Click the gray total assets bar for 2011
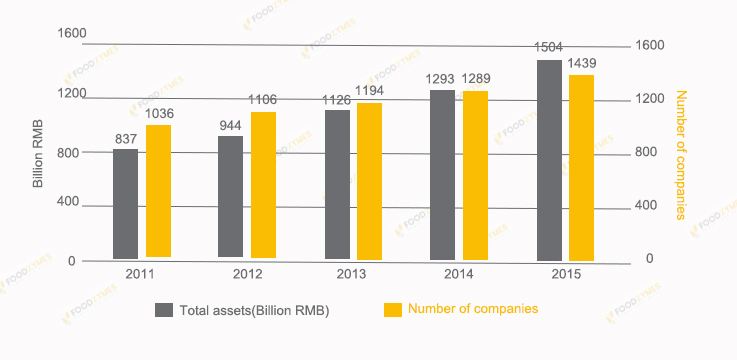coord(125,204)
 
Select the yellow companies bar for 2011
coord(158,191)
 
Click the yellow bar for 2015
coord(581,168)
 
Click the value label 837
coord(126,139)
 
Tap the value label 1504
coord(549,47)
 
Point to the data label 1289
coord(476,78)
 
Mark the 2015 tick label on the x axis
coord(566,274)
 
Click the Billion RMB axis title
coord(38,153)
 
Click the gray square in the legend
coord(163,310)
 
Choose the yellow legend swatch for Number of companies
coord(391,309)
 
